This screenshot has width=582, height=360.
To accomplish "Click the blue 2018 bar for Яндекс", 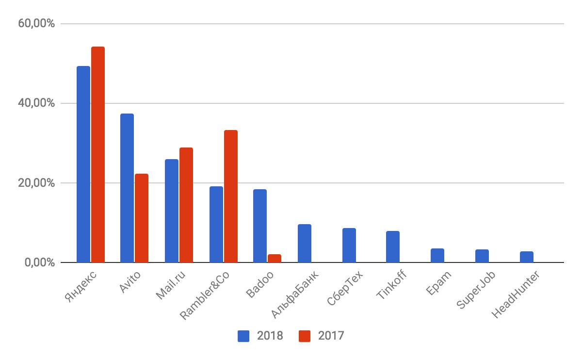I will [x=83, y=165].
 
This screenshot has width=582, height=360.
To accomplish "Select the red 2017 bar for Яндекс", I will [x=98, y=155].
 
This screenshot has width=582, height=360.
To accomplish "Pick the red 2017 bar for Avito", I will [x=142, y=218].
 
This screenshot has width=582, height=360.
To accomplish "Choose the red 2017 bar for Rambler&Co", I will [x=231, y=196].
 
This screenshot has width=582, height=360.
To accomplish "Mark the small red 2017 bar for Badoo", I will [x=275, y=258].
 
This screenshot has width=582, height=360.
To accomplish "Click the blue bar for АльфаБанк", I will [x=305, y=244].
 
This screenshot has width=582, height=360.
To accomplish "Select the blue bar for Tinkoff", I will [x=393, y=247].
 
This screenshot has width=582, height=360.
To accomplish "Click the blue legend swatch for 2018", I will [x=243, y=336].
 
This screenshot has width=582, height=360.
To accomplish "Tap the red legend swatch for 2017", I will [x=305, y=336].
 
